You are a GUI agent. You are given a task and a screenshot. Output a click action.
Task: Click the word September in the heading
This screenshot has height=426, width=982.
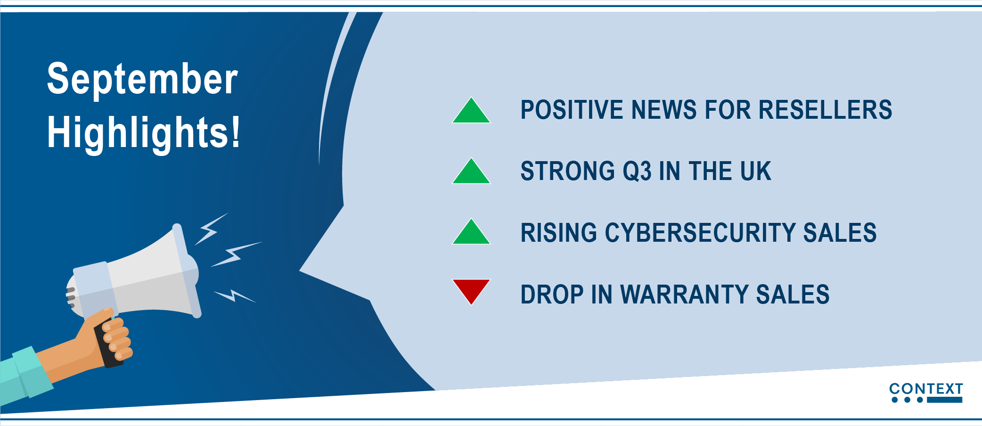[x=142, y=80]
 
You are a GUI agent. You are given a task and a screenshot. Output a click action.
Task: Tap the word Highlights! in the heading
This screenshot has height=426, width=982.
[x=144, y=133]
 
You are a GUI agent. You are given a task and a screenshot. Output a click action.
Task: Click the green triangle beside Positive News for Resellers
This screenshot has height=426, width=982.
[x=471, y=110]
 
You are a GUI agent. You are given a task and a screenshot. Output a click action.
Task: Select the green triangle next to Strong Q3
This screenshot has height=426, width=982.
[x=471, y=171]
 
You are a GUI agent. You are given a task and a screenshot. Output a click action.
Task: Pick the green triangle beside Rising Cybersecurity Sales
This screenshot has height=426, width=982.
[x=471, y=232]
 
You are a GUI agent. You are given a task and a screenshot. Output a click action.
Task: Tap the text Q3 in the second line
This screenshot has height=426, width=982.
[x=637, y=171]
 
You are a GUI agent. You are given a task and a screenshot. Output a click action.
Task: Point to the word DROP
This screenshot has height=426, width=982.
[x=552, y=295]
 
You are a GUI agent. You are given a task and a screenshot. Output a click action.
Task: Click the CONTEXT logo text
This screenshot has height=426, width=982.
[x=926, y=389]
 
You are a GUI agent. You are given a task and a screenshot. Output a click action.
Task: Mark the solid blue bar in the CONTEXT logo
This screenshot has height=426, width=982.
[x=944, y=400]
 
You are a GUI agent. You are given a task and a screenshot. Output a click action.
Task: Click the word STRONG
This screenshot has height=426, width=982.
[x=567, y=171]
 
